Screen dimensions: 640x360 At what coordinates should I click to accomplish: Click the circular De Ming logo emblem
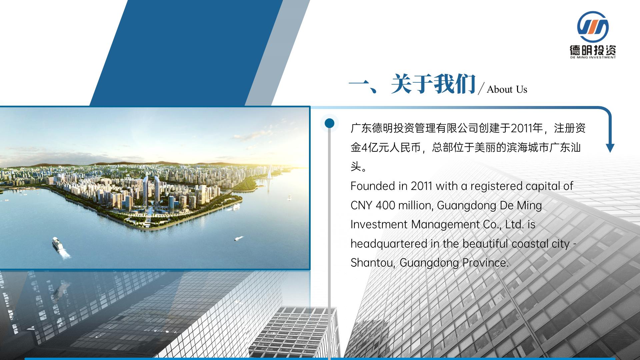point(593,27)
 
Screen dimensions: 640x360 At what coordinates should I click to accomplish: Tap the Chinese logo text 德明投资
point(593,50)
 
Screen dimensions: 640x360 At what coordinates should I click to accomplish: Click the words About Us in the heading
point(507,89)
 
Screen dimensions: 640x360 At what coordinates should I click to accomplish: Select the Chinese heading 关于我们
point(433,84)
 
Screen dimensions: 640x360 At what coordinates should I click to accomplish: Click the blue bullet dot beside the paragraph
point(329,123)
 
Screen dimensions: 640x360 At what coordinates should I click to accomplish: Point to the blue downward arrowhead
point(610,148)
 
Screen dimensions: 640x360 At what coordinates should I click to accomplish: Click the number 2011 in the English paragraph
point(422,186)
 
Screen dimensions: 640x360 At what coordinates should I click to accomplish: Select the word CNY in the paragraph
point(361,205)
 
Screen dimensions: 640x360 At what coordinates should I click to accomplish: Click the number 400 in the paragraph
point(385,205)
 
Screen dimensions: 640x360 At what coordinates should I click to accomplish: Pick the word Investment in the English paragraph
point(379,224)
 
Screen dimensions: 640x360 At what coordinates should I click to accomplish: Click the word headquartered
point(389,244)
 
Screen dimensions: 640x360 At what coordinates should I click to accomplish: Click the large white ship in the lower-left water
point(58,244)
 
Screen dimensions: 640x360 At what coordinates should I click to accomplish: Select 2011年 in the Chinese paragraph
point(527,128)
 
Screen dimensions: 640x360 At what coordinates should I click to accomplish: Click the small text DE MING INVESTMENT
point(593,57)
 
